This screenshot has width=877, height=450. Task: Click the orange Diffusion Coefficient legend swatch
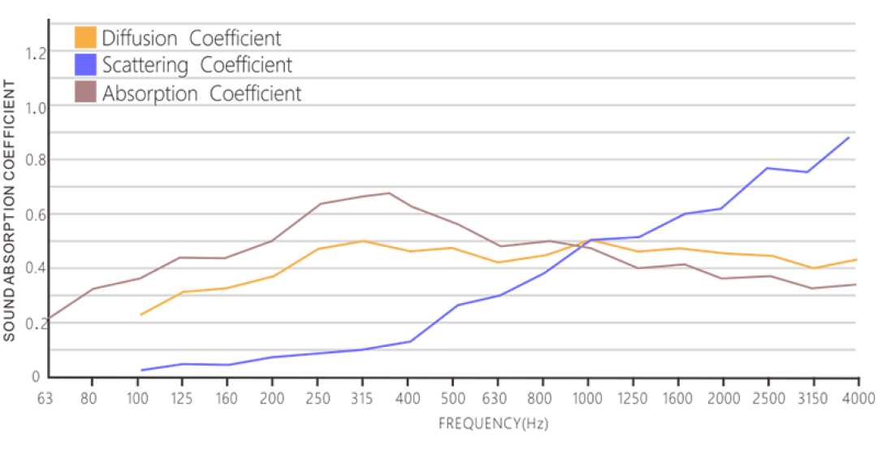[x=85, y=37]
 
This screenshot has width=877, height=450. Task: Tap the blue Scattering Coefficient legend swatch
[x=85, y=64]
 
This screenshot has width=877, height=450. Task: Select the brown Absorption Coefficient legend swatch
[x=85, y=92]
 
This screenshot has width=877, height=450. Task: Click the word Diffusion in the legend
[x=140, y=38]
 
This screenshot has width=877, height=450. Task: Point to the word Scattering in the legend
[x=145, y=66]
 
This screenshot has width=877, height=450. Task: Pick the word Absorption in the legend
[x=150, y=93]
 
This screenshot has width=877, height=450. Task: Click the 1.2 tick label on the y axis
[x=35, y=53]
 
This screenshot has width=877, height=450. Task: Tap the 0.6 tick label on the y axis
[x=35, y=215]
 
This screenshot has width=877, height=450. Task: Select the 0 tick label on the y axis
[x=36, y=377]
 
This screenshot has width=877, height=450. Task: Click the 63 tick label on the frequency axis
[x=45, y=399]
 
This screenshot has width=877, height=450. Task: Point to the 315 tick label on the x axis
[x=362, y=399]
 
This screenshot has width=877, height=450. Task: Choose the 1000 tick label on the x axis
[x=587, y=399]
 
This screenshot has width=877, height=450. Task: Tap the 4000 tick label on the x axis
[x=858, y=399]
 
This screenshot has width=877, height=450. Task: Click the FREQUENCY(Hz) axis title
[x=494, y=424]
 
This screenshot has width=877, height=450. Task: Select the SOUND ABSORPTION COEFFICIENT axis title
[x=9, y=210]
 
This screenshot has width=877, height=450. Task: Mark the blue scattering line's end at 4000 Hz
[x=849, y=136]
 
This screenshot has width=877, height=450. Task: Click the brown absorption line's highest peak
[x=389, y=193]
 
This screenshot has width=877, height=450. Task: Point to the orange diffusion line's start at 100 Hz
[x=140, y=314]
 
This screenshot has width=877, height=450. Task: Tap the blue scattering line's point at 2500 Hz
[x=767, y=168]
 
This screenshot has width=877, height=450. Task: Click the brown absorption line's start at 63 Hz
[x=50, y=318]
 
